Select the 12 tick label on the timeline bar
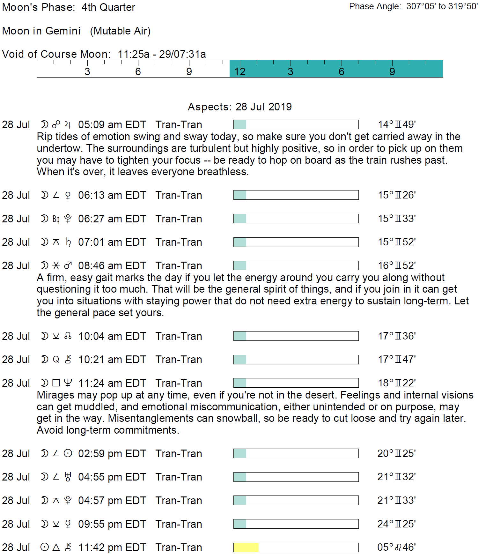[240, 72]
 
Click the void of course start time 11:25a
[133, 54]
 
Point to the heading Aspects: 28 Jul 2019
[240, 107]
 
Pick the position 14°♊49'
[397, 124]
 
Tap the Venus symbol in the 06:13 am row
[68, 195]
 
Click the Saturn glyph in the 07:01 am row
[68, 242]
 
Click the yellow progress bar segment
[246, 548]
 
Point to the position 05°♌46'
[396, 548]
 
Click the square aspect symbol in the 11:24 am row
[56, 383]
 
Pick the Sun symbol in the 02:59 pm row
[68, 453]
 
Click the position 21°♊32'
[396, 477]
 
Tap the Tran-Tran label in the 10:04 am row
[179, 336]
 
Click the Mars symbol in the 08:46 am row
[68, 265]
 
